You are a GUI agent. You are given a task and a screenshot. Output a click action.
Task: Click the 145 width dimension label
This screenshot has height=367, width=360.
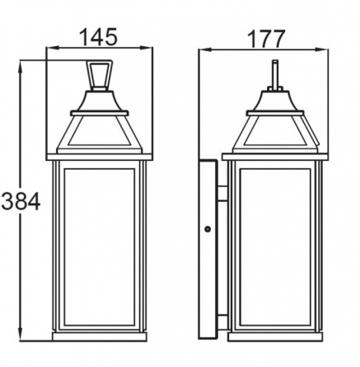99,36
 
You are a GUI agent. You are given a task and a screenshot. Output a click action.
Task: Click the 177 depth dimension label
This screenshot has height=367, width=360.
266,40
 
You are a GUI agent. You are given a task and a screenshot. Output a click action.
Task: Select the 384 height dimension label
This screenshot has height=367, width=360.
21,201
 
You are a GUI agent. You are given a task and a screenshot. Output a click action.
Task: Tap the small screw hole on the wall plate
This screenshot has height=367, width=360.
208,228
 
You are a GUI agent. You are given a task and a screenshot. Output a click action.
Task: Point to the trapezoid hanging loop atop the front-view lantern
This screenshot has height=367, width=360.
100,75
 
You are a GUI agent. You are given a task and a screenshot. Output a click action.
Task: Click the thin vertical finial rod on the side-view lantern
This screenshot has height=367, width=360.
275,73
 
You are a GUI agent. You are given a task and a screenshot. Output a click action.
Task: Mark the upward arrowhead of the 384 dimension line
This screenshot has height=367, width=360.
20,66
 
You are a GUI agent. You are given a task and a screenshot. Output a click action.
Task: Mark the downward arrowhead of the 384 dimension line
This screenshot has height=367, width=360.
20,335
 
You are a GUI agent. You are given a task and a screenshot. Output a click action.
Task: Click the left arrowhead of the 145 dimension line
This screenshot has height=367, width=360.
53,48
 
